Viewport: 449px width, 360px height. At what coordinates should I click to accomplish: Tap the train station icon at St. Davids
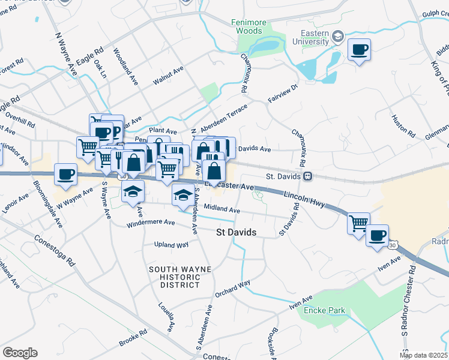tap(307, 176)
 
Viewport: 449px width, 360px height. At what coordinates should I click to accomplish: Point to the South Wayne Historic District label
tap(180, 277)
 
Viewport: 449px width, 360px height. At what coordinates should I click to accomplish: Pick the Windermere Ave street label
tap(151, 224)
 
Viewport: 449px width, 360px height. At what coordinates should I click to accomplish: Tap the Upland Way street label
tap(171, 245)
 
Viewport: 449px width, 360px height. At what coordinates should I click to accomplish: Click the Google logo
tap(20, 353)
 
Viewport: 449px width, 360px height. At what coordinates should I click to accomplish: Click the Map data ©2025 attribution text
tap(423, 355)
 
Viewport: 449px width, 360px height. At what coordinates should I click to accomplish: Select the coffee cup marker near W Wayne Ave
tap(65, 175)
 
